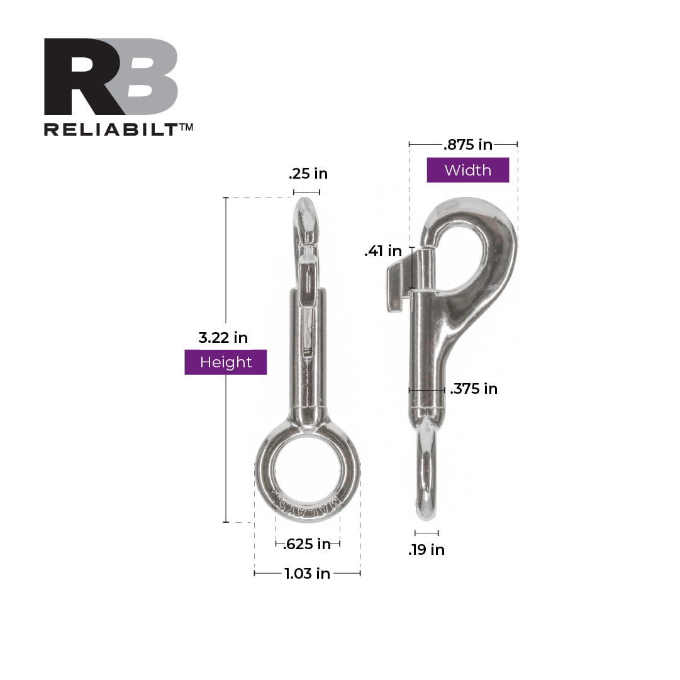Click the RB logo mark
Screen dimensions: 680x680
[x=111, y=77]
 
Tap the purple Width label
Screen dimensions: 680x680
[x=467, y=170]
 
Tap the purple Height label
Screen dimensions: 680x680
[x=225, y=362]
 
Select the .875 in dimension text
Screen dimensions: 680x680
[x=467, y=145]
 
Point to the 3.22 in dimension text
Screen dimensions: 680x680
[x=223, y=338]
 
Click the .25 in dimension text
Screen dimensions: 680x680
[x=308, y=174]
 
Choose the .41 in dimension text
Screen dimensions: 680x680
[x=382, y=252]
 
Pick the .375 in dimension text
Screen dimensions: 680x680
[x=474, y=389]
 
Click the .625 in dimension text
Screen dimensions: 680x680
[x=307, y=544]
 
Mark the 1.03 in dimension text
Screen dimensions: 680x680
[x=307, y=574]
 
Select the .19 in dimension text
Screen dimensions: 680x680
[x=426, y=550]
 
